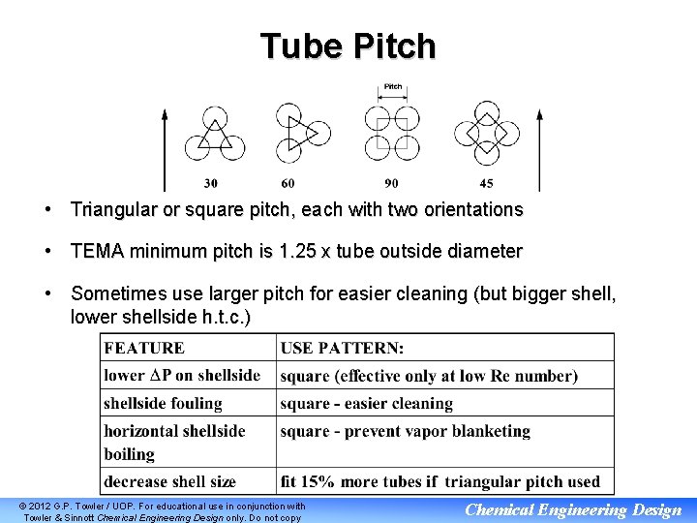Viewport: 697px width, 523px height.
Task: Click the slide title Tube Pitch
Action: (348, 46)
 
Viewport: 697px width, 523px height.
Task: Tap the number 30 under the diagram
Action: (211, 184)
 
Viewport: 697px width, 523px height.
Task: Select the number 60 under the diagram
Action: (288, 184)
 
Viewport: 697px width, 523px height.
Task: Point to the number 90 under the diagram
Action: (391, 184)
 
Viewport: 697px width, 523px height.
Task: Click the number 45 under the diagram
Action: (486, 184)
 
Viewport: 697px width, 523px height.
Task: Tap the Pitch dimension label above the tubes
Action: (393, 87)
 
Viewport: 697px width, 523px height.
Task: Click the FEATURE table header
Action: (143, 348)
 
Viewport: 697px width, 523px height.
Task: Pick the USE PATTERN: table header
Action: (343, 348)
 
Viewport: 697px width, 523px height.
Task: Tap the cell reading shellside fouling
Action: (164, 403)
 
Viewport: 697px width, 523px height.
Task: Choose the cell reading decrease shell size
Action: (170, 481)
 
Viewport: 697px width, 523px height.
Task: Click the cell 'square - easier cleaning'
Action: (367, 403)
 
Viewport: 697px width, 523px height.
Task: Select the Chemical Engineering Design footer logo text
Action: (573, 510)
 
